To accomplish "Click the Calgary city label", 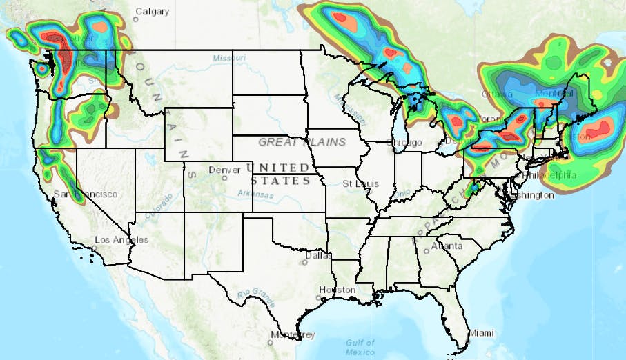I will coord(152,12).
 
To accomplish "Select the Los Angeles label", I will coord(121,240).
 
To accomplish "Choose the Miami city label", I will coord(482,333).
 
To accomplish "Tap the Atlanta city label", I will coord(447,246).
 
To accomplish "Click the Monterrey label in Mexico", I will coord(293,335).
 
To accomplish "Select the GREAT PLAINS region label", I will coord(302,142).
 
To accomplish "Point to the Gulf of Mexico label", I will coord(360,347).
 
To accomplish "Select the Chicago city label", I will coord(406,143).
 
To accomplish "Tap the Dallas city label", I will coord(318,255).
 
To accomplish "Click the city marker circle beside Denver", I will coord(224,178).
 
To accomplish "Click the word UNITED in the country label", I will coord(279,168).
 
